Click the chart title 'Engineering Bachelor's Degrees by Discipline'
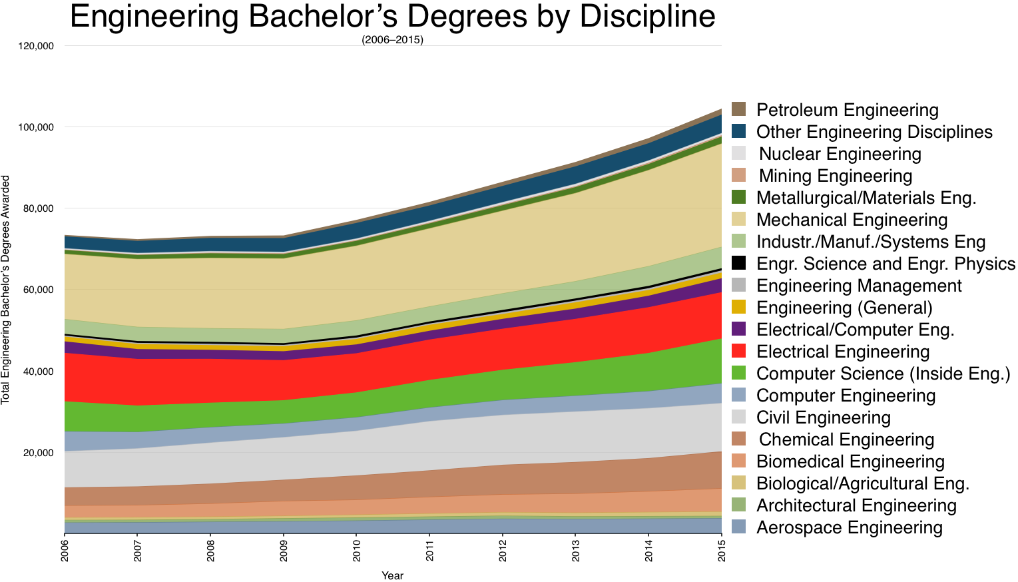tap(392, 17)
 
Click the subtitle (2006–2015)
tap(392, 40)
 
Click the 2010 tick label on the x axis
tap(356, 551)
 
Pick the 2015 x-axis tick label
tap(722, 551)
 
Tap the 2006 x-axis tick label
tap(65, 551)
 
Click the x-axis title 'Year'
tap(392, 576)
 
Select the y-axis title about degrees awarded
tap(5, 290)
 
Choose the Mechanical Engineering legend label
tap(852, 220)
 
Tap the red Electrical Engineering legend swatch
tap(739, 352)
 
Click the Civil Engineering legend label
tap(824, 418)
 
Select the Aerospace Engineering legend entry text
tap(850, 527)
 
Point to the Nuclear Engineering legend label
tap(840, 154)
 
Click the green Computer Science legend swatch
tap(739, 374)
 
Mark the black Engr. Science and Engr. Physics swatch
tap(739, 264)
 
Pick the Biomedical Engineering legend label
tap(850, 461)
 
